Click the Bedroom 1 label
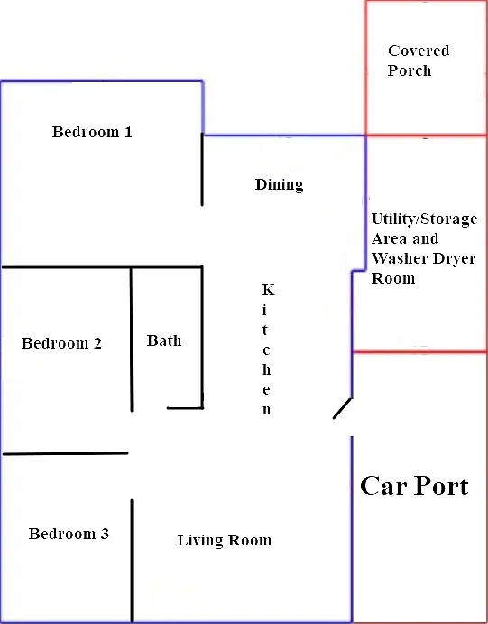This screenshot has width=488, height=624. click(92, 132)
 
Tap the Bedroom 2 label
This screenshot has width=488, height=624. click(61, 343)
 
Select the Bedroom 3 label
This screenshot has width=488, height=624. click(69, 534)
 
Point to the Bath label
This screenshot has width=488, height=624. click(164, 340)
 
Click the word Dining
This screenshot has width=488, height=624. click(280, 184)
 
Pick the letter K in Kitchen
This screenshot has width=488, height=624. click(268, 290)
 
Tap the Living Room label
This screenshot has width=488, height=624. click(225, 540)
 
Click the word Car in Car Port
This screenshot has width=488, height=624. click(383, 486)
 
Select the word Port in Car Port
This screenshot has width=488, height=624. click(441, 486)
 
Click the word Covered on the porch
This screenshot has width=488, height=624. click(419, 51)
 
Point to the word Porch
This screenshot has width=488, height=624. click(410, 70)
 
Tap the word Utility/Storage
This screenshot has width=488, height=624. click(425, 219)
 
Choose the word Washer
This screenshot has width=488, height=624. click(400, 258)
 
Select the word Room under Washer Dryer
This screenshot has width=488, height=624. click(393, 278)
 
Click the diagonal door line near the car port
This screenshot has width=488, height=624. click(342, 409)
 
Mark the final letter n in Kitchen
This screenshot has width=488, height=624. click(267, 410)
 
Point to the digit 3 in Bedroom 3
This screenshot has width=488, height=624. click(105, 534)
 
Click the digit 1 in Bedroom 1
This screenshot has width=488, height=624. click(128, 132)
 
